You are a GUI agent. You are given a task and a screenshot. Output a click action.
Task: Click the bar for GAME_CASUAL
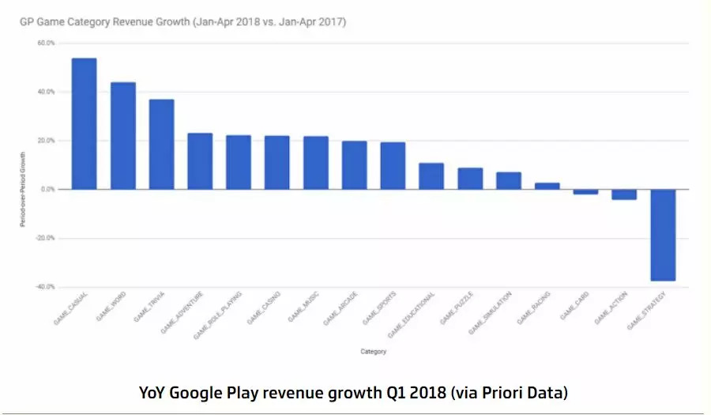coord(84,123)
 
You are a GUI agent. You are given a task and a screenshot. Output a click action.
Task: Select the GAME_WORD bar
coord(122,135)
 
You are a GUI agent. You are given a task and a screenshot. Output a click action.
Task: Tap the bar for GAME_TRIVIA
coord(161,144)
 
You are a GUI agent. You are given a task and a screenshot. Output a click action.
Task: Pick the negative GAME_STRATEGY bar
coord(662,235)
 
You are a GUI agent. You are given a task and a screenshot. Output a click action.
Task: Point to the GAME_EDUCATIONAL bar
coord(431,176)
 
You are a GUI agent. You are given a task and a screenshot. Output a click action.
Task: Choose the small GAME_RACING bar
coord(547,186)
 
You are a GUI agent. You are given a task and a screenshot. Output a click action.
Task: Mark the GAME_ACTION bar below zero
coord(623,194)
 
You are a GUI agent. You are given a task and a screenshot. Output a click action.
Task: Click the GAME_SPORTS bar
coord(393,165)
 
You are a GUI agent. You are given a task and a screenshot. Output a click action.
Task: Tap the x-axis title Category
coord(373,352)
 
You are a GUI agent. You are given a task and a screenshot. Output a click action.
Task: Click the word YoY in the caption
coord(156,392)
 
